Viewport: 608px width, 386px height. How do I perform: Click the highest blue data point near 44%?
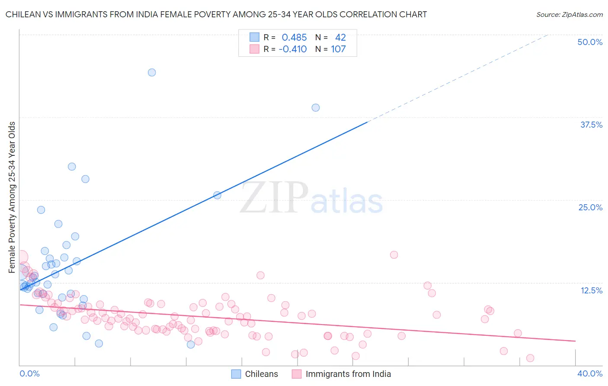(152, 72)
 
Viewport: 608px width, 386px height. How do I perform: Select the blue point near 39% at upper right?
(316, 107)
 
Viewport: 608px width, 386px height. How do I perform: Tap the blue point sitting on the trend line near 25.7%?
(218, 195)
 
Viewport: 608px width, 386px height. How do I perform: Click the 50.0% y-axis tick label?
(590, 42)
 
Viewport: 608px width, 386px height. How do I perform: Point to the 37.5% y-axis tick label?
(591, 125)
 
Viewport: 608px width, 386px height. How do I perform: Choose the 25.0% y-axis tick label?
(590, 207)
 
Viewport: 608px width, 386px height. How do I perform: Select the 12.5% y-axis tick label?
(591, 290)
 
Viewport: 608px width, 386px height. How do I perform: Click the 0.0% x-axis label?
(29, 373)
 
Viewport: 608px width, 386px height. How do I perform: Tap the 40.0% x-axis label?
(589, 373)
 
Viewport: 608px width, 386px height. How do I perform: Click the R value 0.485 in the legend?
(294, 38)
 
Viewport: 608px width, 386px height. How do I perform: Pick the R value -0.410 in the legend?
(293, 49)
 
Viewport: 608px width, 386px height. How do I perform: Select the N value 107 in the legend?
(338, 49)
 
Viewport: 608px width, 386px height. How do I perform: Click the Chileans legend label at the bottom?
(261, 374)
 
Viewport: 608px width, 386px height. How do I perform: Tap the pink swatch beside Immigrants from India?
(297, 374)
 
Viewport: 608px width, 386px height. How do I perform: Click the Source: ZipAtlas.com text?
(569, 14)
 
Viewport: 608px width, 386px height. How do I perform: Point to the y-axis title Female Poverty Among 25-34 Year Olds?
(12, 197)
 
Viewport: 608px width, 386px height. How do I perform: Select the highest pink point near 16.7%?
(394, 254)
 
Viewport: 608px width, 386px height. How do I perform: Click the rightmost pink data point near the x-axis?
(530, 358)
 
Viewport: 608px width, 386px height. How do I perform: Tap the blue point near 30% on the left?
(72, 167)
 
